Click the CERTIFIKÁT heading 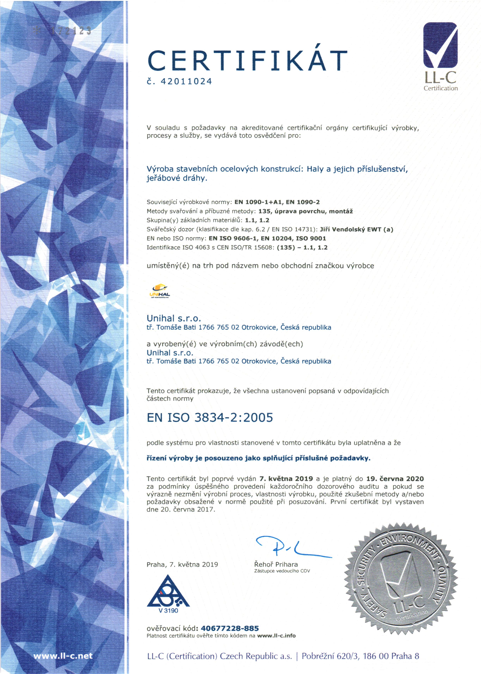click(247, 60)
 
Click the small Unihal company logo click(160, 291)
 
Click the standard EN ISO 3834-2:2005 click(210, 418)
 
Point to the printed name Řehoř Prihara click(276, 564)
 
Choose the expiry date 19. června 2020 click(395, 479)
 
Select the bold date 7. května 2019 click(286, 479)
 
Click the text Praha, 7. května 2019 click(182, 564)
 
